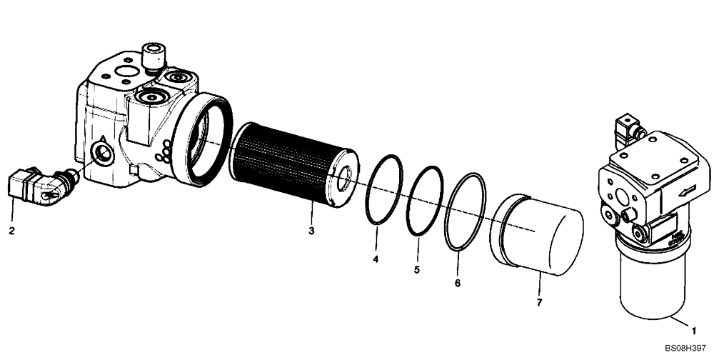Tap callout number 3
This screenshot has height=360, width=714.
click(311, 230)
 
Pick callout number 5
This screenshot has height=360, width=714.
click(418, 269)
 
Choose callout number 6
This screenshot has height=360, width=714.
click(458, 283)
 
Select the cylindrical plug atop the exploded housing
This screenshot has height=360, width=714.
click(152, 56)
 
